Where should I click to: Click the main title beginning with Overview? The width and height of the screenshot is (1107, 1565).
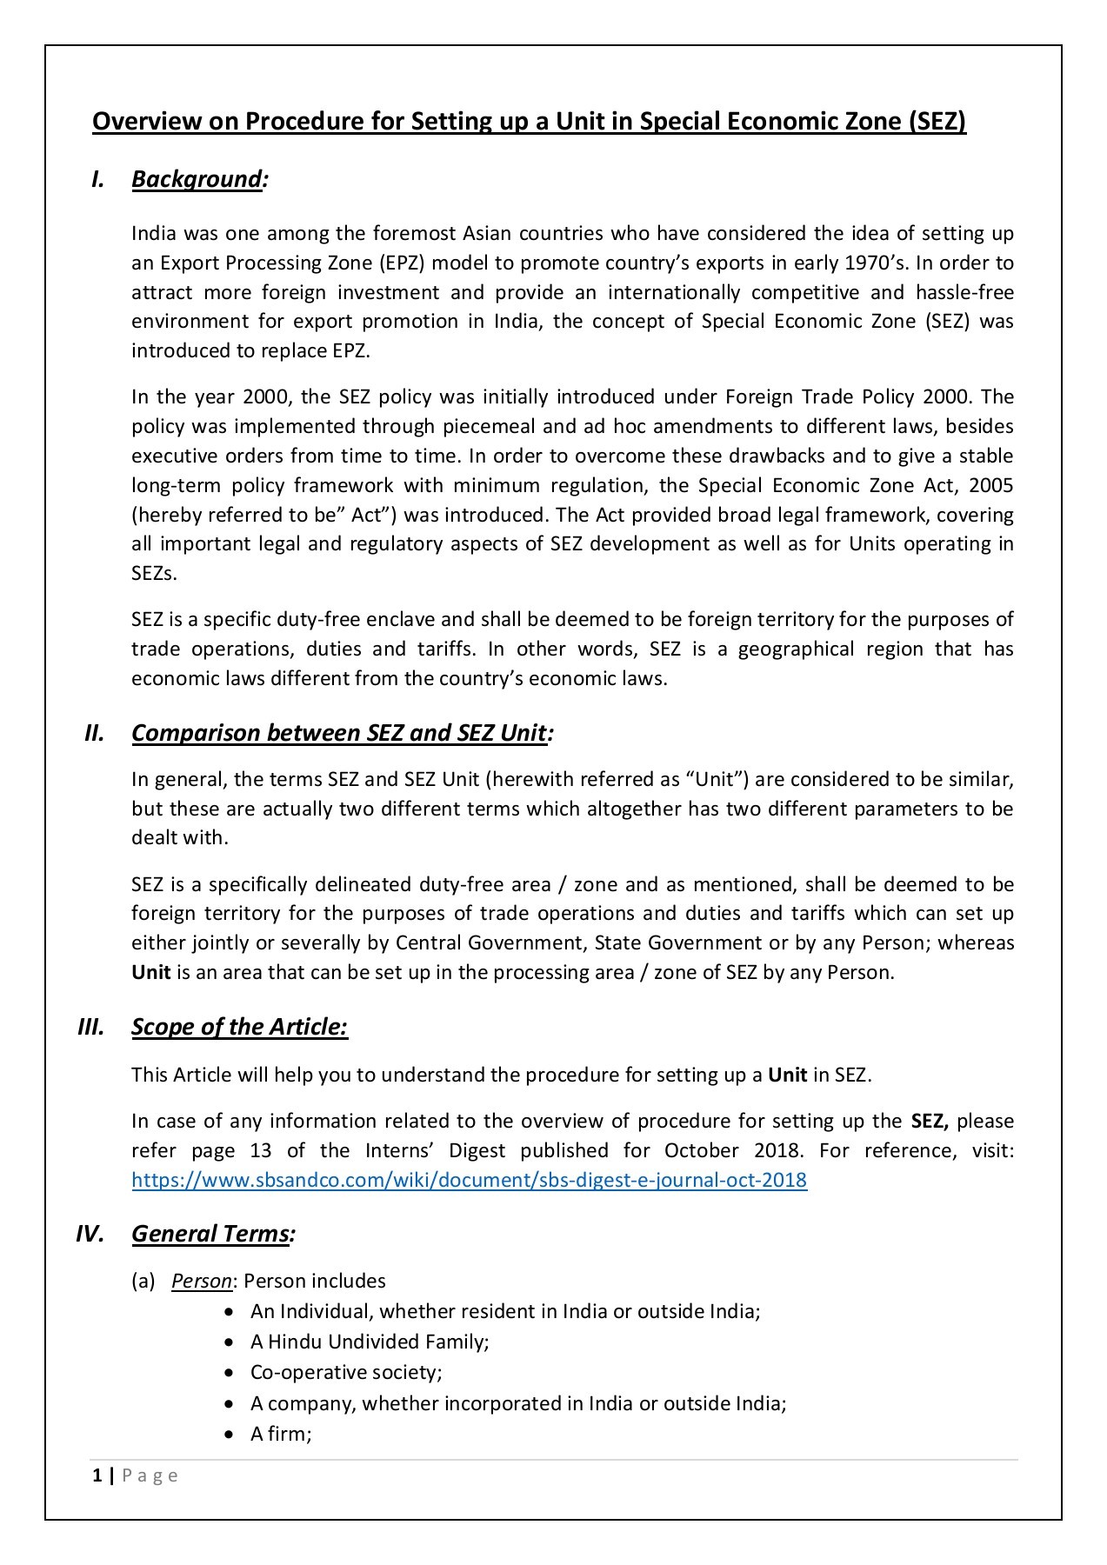coord(529,121)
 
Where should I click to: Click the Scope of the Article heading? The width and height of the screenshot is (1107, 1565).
coord(239,1027)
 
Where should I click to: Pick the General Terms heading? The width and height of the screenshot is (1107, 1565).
coord(213,1234)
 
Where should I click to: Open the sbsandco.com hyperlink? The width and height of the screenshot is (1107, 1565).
coord(469,1180)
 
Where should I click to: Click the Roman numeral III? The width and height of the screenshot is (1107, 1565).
coord(90,1027)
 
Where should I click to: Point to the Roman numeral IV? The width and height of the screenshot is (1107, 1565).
coord(90,1234)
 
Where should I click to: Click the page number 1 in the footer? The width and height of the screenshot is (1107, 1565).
coord(97,1475)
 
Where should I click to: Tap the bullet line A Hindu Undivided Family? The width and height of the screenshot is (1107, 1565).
coord(370,1342)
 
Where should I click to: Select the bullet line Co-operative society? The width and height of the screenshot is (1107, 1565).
coord(346,1372)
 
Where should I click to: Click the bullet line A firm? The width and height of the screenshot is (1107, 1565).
coord(281,1434)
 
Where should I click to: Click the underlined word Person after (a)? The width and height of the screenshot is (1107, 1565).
coord(202,1281)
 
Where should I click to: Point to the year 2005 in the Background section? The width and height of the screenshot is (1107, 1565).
coord(990,485)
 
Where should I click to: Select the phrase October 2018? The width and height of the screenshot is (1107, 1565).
coord(731,1150)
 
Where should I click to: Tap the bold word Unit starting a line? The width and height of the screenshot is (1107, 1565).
coord(151,972)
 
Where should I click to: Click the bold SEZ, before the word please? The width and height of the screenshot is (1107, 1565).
coord(930,1121)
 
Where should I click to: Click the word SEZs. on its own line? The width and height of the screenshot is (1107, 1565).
coord(154,574)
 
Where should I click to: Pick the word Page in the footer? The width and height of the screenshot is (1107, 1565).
coord(150,1475)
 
